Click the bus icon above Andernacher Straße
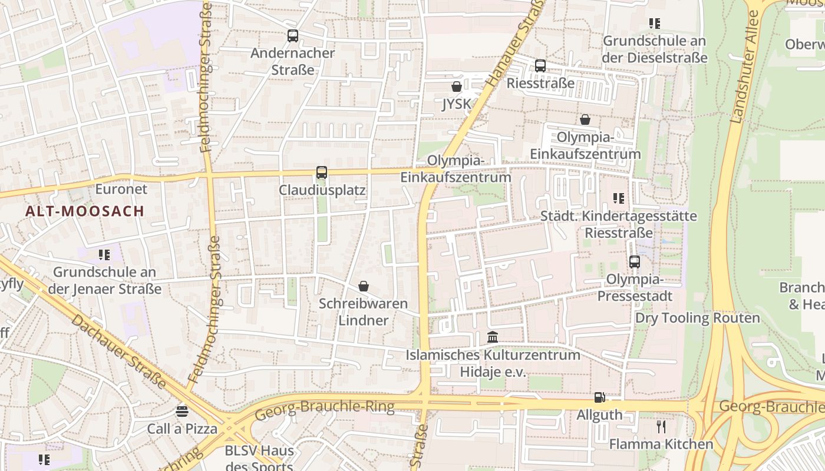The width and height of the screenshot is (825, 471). click(x=293, y=36)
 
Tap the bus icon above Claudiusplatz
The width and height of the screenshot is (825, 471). click(x=321, y=173)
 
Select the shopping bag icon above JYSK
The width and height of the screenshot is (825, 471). click(x=456, y=87)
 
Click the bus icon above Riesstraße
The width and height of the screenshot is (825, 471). click(x=540, y=66)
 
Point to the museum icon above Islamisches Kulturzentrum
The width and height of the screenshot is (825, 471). click(x=493, y=337)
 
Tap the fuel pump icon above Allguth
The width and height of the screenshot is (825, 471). click(x=599, y=397)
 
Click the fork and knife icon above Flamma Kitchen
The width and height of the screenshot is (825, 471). click(x=661, y=426)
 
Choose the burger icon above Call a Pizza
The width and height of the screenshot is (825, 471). click(x=182, y=411)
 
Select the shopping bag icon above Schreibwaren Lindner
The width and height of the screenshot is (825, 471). click(x=364, y=286)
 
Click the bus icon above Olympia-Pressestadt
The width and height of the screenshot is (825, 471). click(x=635, y=262)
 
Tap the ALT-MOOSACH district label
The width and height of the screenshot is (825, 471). click(x=85, y=211)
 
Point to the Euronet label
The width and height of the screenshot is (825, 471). click(x=121, y=190)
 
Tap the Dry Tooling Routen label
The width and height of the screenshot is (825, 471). click(x=697, y=318)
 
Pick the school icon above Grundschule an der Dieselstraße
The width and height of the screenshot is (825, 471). click(x=654, y=24)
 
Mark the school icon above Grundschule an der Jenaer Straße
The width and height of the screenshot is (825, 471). click(x=104, y=255)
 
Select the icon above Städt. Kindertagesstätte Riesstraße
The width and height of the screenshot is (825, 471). click(x=618, y=198)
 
